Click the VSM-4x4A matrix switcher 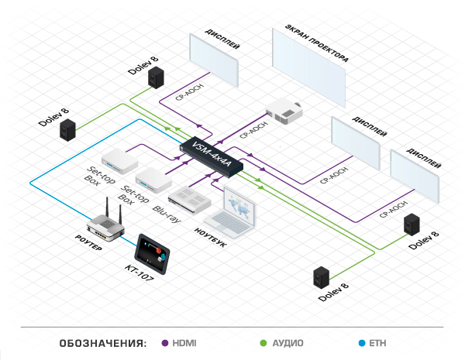tap(212, 156)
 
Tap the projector tap(284, 112)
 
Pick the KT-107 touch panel tap(152, 254)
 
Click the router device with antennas tap(105, 224)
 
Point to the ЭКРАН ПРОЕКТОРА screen tap(308, 68)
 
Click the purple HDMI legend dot tap(165, 343)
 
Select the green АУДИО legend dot tap(263, 343)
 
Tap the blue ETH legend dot tap(362, 343)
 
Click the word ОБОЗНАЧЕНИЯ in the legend tap(103, 344)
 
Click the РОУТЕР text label tap(88, 242)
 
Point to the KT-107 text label tap(139, 273)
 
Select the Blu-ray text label tap(167, 214)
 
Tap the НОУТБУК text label tap(210, 238)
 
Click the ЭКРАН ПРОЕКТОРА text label tap(317, 43)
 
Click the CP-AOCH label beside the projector tap(253, 130)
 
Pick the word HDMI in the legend tap(184, 343)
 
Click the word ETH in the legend tap(377, 343)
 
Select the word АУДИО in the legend tap(288, 343)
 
